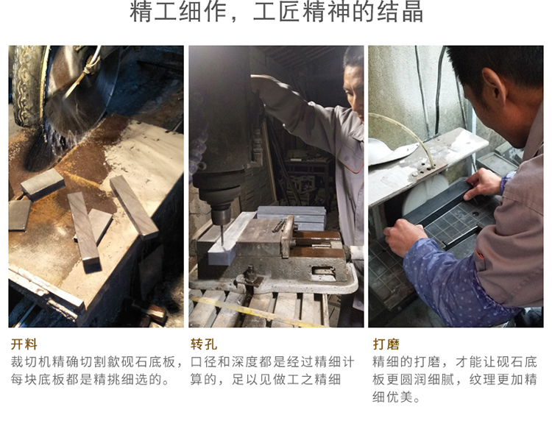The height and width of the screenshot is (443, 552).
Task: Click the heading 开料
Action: [24, 344]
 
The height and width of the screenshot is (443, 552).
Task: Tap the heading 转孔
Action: [204, 344]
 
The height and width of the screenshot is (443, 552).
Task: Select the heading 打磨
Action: [386, 344]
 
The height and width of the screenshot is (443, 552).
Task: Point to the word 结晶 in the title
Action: [400, 12]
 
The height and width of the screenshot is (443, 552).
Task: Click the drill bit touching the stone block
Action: [222, 234]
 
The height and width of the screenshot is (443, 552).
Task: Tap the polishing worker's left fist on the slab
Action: [405, 235]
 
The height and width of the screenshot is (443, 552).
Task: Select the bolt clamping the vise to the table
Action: [251, 274]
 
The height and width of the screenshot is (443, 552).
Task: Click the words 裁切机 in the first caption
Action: [31, 362]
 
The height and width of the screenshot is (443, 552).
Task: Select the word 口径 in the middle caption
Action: [204, 362]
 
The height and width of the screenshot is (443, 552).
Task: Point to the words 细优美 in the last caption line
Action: [392, 397]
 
